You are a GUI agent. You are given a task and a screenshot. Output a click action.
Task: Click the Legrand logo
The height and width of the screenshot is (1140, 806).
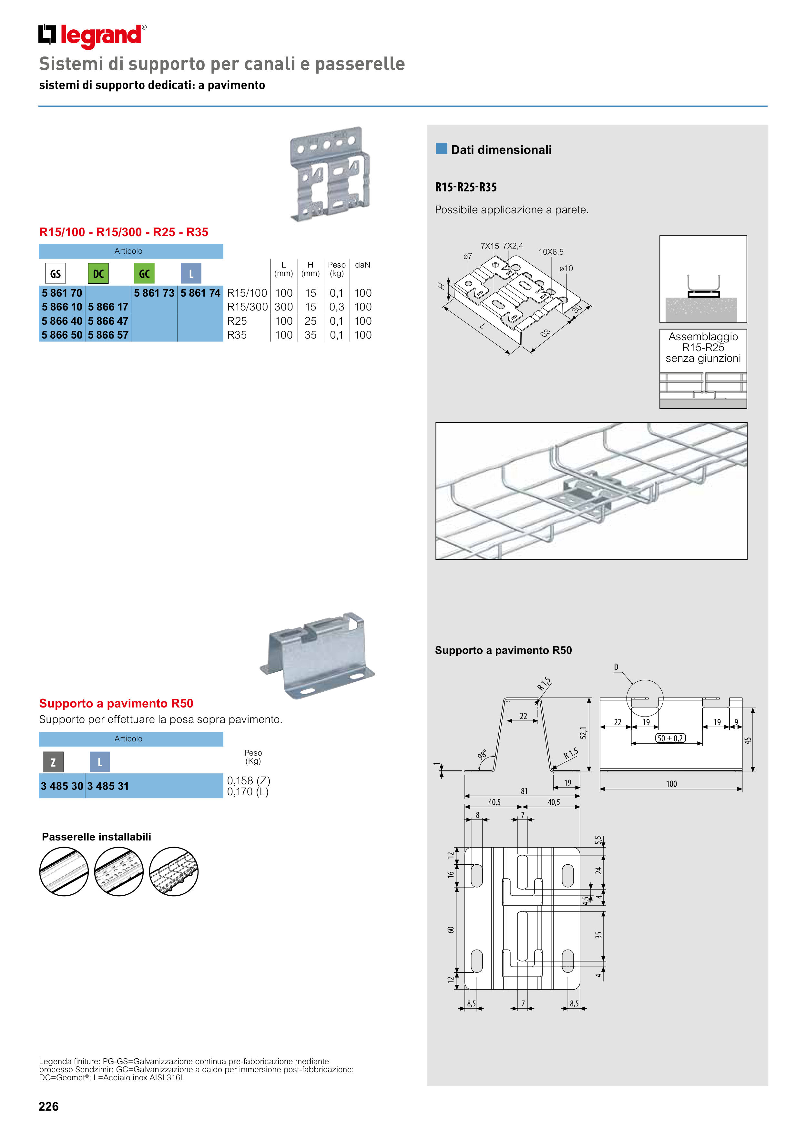[92, 36]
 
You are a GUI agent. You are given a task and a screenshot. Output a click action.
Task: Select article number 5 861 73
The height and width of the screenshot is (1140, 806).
[154, 293]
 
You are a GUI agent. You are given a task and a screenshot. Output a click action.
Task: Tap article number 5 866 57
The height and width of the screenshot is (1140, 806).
[108, 335]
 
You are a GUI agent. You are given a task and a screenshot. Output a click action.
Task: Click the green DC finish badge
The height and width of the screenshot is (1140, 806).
[98, 274]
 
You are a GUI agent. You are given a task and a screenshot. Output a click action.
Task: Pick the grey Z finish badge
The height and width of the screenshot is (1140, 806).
[53, 762]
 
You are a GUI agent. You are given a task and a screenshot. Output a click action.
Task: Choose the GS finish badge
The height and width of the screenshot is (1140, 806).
[55, 274]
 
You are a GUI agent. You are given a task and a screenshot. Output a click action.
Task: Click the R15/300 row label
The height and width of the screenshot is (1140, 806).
[247, 307]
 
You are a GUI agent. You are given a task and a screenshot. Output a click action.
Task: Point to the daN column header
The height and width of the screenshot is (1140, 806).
[362, 265]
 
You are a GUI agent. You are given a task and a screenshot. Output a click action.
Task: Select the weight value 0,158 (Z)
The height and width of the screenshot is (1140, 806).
[248, 780]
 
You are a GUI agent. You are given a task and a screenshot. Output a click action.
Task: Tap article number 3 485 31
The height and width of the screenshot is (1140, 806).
[108, 786]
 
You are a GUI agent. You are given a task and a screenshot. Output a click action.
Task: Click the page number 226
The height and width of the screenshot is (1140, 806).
[49, 1106]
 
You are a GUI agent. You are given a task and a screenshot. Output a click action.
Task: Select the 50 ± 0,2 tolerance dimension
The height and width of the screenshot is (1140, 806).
[670, 738]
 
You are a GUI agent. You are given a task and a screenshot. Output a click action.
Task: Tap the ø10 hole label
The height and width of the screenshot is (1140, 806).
[566, 269]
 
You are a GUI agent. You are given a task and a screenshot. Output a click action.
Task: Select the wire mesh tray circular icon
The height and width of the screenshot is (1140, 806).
[174, 871]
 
